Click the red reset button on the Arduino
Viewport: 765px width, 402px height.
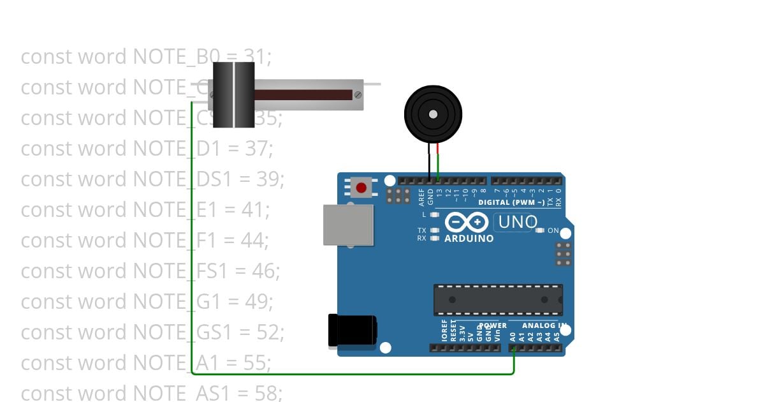[361, 188]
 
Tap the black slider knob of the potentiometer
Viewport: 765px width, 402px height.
[233, 95]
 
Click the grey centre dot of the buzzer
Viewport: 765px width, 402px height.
[433, 114]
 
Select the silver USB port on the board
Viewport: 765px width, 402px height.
[348, 225]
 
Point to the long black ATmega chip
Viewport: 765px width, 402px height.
[498, 299]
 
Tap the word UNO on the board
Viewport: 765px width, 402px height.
[517, 222]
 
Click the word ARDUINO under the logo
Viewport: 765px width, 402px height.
[469, 239]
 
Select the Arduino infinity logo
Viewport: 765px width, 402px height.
[469, 222]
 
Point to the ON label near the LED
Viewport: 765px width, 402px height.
[553, 230]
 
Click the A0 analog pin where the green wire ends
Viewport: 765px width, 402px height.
[514, 348]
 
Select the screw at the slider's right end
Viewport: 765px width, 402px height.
[358, 95]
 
